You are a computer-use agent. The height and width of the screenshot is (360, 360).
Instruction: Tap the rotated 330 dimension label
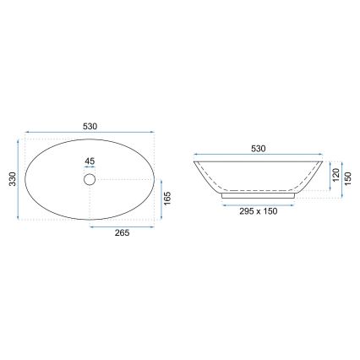pos(12,180)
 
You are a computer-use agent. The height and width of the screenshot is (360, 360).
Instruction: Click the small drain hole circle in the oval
pos(90,179)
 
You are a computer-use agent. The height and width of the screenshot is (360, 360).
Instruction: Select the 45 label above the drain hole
pos(90,161)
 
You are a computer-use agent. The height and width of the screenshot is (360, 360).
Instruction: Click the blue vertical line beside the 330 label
pos(20,180)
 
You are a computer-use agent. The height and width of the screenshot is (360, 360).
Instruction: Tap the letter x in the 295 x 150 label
pos(259,212)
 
